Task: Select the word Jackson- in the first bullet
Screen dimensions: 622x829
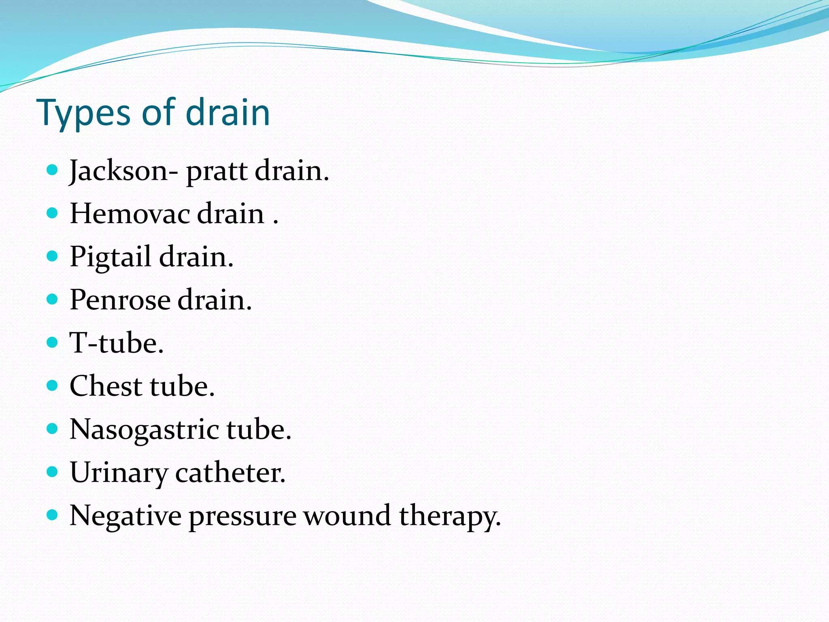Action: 123,171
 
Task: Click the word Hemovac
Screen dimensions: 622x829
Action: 130,213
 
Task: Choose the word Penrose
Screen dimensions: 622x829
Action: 120,300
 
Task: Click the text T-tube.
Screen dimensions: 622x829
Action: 117,343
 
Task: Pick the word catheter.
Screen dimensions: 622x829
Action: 230,473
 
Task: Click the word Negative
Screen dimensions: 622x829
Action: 125,516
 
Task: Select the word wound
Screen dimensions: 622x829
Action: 347,516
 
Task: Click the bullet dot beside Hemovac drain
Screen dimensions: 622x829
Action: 52,213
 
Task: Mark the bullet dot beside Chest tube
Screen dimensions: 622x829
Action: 52,385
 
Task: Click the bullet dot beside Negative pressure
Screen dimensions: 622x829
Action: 52,515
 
